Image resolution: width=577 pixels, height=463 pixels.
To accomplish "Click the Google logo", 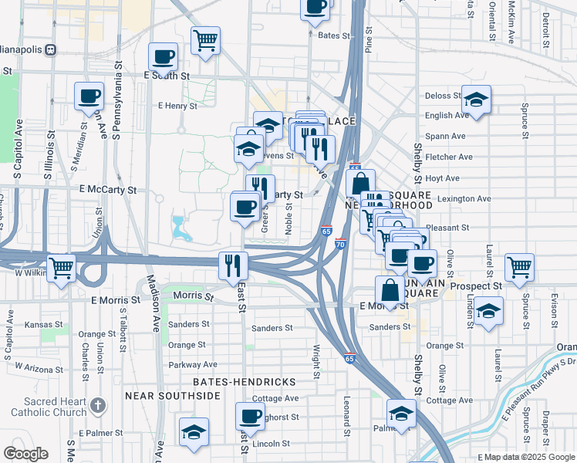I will (x=25, y=454).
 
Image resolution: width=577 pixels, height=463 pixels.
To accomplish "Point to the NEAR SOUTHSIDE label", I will (x=173, y=396).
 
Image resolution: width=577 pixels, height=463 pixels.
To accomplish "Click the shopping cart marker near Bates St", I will (x=206, y=40).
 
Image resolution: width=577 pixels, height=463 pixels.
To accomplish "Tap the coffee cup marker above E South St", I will (x=164, y=56).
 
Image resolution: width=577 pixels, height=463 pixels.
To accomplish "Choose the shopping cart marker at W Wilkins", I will (x=61, y=269).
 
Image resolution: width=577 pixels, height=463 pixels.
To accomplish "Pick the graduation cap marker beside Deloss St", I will (x=477, y=100).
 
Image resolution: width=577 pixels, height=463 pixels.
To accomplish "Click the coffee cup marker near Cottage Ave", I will (x=250, y=416).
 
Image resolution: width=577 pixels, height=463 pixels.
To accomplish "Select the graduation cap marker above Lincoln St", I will (x=193, y=431).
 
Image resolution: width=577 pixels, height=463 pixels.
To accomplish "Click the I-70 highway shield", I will (x=340, y=244).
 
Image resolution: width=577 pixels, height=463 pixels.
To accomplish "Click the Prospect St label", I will (x=476, y=286).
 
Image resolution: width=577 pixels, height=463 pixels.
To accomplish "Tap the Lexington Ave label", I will (x=464, y=198).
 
